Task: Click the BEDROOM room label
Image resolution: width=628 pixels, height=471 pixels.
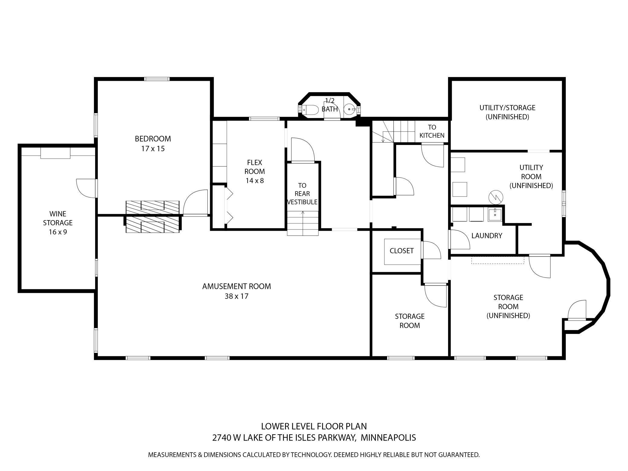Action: [153, 139]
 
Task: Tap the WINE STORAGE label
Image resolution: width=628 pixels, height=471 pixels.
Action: [58, 218]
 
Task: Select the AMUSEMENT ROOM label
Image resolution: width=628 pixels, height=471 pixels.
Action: [236, 286]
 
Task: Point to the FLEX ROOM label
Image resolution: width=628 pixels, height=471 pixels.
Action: [255, 167]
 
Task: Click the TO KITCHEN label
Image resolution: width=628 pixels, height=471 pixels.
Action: [432, 131]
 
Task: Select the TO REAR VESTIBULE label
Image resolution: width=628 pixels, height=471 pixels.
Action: [302, 194]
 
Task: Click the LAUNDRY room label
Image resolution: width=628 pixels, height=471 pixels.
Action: [487, 235]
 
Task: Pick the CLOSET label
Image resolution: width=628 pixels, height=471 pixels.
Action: [402, 251]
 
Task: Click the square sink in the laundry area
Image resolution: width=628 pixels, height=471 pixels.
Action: [495, 215]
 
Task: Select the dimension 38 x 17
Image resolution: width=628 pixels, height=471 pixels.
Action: [236, 296]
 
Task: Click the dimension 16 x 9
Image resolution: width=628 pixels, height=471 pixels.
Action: [58, 232]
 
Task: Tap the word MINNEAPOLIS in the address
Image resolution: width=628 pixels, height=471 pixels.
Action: [388, 437]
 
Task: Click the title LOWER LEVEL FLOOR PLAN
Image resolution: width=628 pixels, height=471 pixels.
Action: [314, 426]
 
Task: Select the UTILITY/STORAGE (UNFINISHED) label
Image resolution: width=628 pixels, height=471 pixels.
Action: [507, 112]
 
